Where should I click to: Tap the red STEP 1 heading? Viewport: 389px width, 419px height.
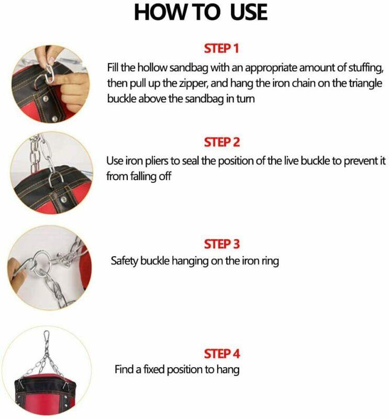221,49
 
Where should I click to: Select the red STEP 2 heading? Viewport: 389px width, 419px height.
221,142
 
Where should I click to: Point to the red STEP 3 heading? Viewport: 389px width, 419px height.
221,244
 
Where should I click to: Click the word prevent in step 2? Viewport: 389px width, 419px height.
348,161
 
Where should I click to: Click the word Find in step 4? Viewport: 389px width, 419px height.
125,369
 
